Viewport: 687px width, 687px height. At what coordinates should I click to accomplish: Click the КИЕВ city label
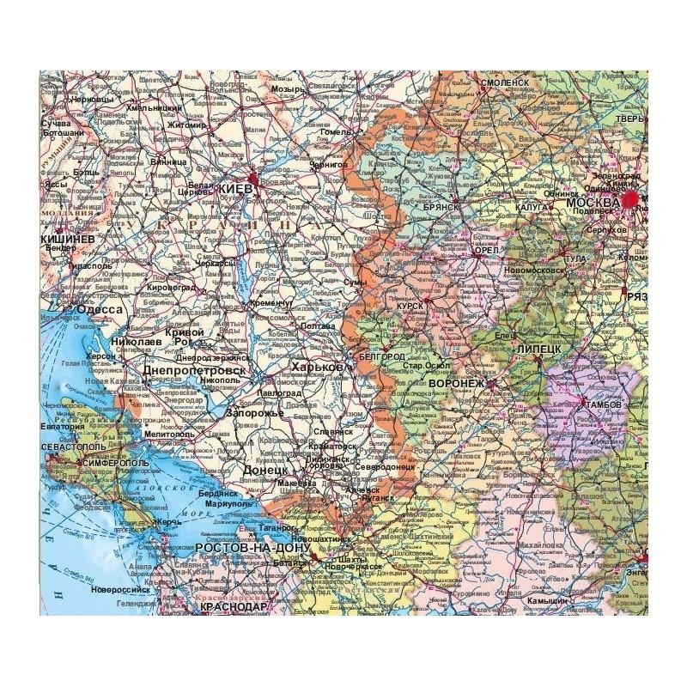point(234,189)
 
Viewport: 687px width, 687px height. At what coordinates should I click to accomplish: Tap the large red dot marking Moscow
point(634,199)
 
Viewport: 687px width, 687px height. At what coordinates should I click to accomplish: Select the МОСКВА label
point(593,203)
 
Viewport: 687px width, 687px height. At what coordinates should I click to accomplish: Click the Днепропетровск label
point(194,369)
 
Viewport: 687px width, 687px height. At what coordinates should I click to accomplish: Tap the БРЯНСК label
point(444,207)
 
